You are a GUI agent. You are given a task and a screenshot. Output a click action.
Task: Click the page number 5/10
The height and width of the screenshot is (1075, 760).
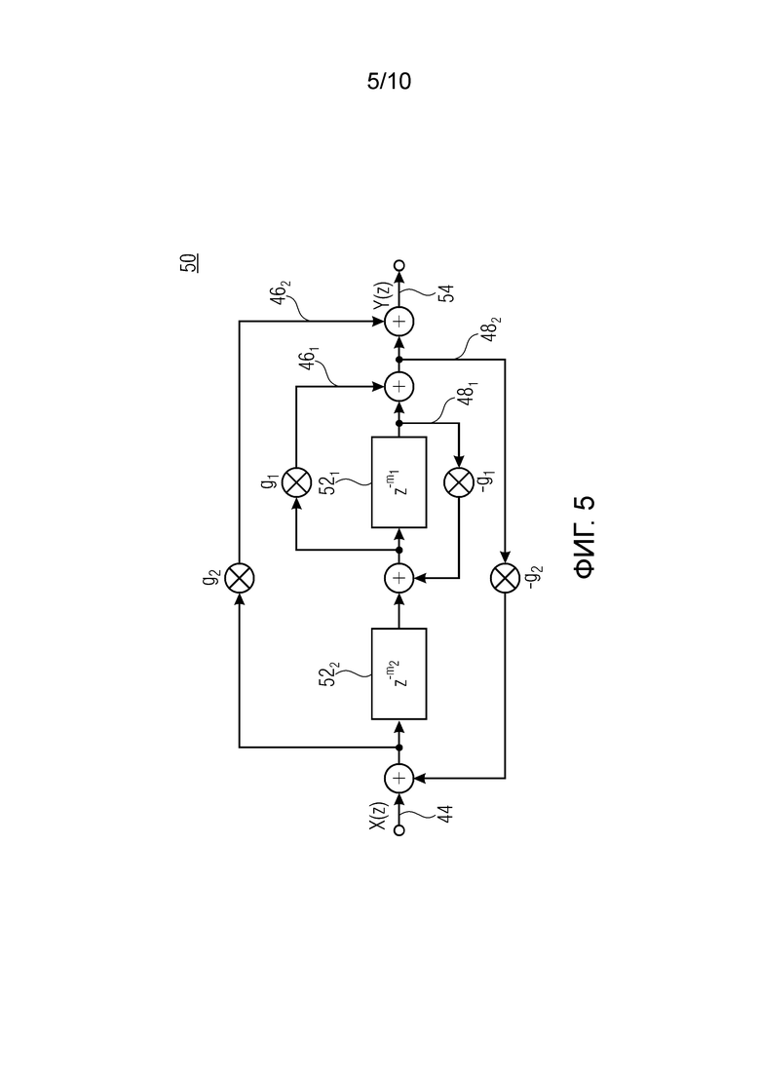click(389, 82)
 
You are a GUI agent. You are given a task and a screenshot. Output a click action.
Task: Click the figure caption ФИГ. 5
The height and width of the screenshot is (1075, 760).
click(585, 538)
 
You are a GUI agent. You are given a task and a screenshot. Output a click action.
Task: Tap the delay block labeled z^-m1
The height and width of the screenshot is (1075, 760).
click(399, 482)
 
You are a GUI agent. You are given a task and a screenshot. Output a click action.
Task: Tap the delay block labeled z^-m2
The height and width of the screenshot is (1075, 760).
click(399, 673)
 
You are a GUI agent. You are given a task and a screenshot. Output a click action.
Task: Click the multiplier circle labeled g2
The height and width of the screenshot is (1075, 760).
click(239, 578)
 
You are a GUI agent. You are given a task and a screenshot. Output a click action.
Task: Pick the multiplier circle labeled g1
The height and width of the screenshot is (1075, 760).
click(297, 482)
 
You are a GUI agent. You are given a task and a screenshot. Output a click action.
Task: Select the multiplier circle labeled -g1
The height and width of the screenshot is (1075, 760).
click(459, 482)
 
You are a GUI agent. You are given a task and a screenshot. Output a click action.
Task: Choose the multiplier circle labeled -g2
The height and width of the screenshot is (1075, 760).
click(505, 578)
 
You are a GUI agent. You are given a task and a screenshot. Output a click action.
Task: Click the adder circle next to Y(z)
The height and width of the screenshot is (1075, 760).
click(399, 321)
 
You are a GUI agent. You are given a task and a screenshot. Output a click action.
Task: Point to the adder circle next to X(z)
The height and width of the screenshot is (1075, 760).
click(399, 778)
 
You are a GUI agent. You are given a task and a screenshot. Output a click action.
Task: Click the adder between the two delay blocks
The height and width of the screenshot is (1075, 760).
click(399, 578)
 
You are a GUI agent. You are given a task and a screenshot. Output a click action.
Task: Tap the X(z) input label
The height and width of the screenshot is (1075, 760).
click(379, 817)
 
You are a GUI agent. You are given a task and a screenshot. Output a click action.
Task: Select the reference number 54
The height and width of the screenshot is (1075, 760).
click(446, 293)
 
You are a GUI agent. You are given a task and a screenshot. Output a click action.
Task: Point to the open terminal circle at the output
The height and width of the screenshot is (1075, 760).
click(399, 265)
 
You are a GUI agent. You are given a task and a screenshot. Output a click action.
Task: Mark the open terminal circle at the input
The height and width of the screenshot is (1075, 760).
click(399, 831)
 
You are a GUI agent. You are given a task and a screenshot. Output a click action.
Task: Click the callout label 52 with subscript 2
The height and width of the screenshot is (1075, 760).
click(330, 674)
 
